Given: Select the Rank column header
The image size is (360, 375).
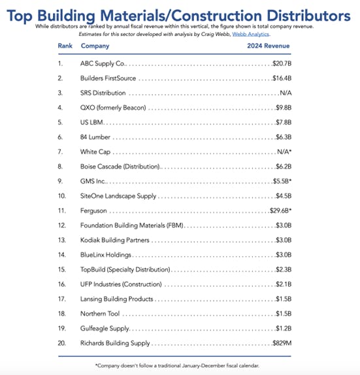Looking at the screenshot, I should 65,46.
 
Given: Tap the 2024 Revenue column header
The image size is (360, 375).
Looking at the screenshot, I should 269,46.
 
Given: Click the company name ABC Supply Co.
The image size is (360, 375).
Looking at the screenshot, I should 103,64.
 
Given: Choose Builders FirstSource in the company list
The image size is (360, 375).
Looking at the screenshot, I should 108,78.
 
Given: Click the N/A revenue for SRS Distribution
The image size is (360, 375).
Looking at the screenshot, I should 284,93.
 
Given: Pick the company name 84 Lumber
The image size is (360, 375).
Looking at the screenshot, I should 95,137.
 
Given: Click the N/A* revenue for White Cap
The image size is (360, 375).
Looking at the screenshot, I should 283,152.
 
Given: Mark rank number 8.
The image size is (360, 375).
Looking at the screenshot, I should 61,167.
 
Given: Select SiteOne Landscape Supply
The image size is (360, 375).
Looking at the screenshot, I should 118,196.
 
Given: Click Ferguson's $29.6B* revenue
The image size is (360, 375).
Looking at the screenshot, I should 280,211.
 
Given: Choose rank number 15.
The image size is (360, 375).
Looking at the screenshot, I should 61,270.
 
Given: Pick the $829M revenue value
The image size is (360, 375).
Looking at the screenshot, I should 282,343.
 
